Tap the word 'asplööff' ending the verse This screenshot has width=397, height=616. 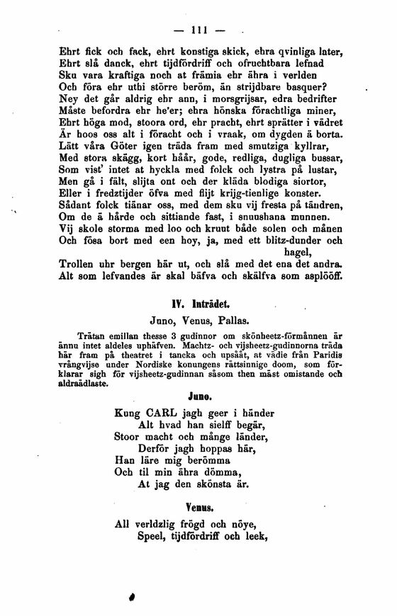[326, 275]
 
